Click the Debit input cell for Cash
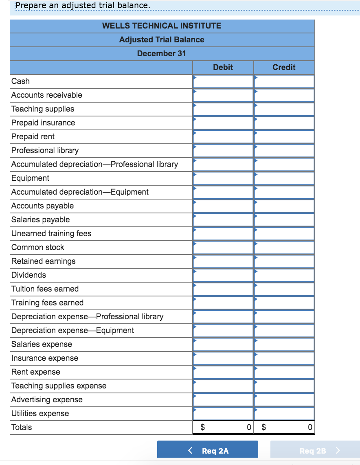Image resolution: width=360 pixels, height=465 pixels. click(x=223, y=81)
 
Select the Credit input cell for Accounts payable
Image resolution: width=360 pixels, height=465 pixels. click(x=284, y=206)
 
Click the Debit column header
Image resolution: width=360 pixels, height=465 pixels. click(x=223, y=67)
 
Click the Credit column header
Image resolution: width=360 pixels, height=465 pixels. click(x=284, y=67)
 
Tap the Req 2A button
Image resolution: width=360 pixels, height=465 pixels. click(x=208, y=451)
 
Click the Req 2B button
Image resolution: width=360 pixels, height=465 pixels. click(x=315, y=451)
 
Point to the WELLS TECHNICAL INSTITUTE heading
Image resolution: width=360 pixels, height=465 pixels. click(x=162, y=26)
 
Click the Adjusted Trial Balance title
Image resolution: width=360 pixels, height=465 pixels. click(x=162, y=39)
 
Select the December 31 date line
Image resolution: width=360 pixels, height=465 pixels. click(x=162, y=53)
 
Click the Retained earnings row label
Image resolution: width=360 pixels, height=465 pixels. click(x=44, y=261)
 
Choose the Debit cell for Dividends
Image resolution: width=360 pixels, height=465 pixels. click(x=223, y=275)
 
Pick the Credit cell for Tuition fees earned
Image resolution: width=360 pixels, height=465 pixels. click(x=284, y=289)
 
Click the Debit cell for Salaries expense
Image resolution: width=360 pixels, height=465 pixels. click(x=223, y=344)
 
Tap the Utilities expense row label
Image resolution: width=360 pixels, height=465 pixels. click(x=40, y=413)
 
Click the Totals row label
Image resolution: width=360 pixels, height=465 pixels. click(x=22, y=427)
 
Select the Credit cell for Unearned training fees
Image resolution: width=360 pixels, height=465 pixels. click(x=284, y=233)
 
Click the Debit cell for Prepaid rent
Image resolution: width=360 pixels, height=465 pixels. click(x=223, y=136)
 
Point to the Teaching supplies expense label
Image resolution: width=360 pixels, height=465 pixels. click(x=59, y=386)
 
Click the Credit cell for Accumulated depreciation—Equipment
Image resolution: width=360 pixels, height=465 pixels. click(x=284, y=192)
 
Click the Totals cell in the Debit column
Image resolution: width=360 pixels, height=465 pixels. click(x=223, y=427)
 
